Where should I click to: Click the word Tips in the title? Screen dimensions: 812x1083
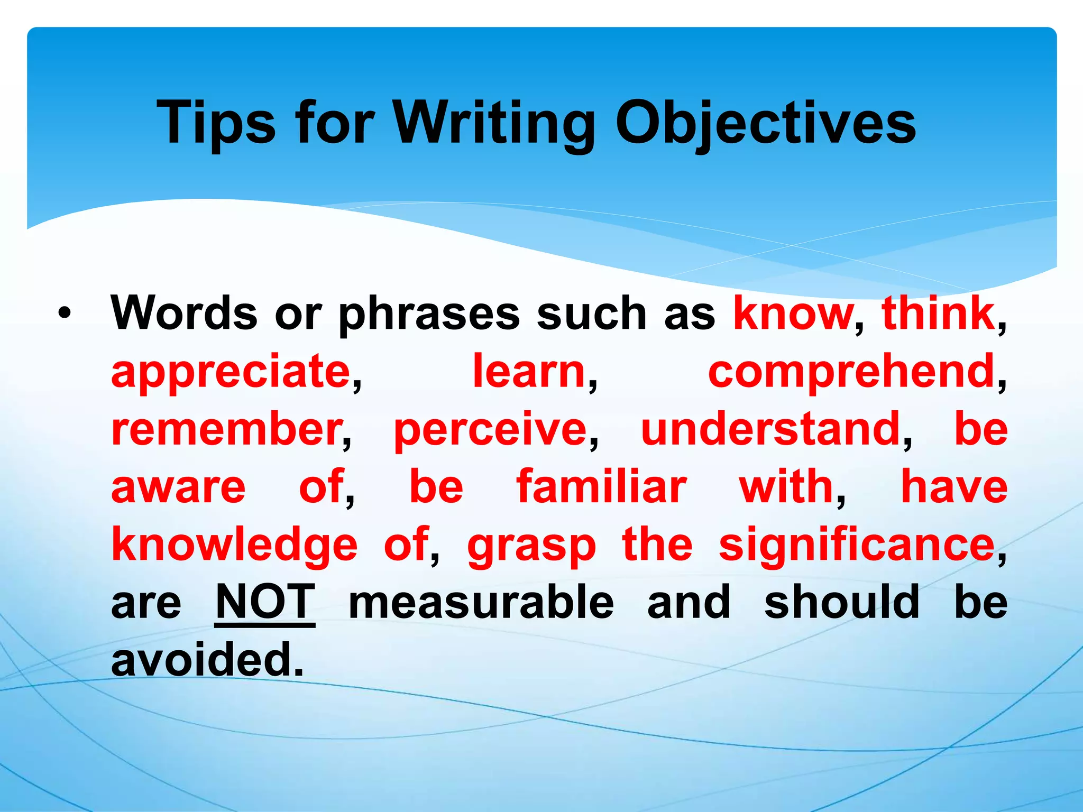pyautogui.click(x=216, y=123)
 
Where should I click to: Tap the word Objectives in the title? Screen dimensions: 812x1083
pyautogui.click(x=765, y=123)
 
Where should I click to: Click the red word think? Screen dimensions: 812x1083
pyautogui.click(x=938, y=313)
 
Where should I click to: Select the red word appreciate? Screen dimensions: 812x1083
pyautogui.click(x=231, y=371)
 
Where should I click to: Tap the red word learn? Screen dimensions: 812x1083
pyautogui.click(x=529, y=371)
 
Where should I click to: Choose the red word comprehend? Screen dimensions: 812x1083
pyautogui.click(x=851, y=371)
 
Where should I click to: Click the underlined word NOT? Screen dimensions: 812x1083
pyautogui.click(x=265, y=602)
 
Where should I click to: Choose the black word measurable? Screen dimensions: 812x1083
pyautogui.click(x=481, y=602)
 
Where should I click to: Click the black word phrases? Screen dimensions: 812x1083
pyautogui.click(x=429, y=314)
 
